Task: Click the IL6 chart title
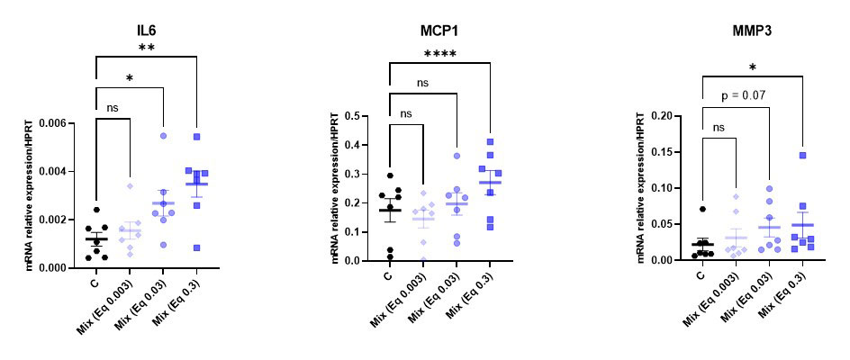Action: pos(138,27)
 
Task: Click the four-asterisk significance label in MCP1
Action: pos(439,54)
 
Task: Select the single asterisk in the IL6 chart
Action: pos(129,80)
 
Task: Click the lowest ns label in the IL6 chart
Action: pos(113,108)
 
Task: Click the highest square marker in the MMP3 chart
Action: pos(802,156)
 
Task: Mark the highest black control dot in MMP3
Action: pos(702,209)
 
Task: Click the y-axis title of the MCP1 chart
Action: pos(334,188)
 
